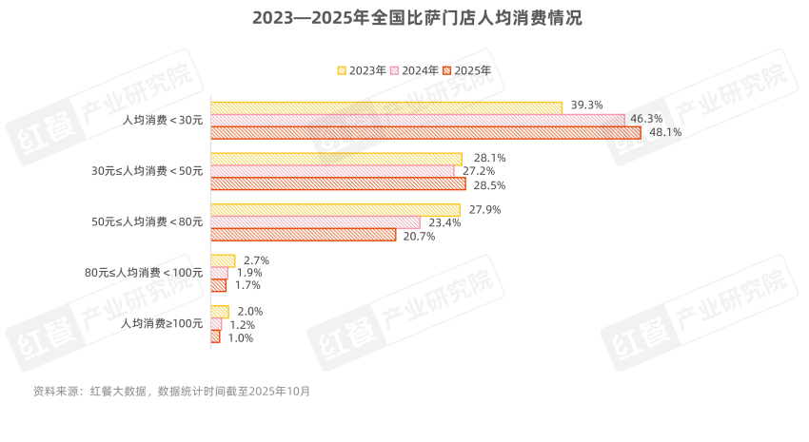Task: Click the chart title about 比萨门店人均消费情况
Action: [404, 19]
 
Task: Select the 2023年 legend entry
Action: [362, 70]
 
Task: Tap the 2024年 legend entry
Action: [414, 70]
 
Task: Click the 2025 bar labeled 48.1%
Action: [425, 133]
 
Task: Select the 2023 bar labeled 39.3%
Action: [386, 107]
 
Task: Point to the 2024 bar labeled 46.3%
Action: [418, 120]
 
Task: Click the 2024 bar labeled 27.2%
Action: [332, 171]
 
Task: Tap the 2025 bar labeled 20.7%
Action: [303, 235]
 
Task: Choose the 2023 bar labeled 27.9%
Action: [335, 209]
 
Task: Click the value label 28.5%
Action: [489, 184]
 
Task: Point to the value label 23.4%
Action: [445, 222]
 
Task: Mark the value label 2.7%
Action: [257, 259]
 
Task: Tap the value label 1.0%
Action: [241, 337]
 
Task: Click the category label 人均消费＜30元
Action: [163, 120]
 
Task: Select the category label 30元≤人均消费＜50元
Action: [147, 171]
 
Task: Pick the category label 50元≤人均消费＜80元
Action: [147, 221]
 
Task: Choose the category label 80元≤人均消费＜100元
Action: [144, 273]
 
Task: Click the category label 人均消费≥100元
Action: [162, 323]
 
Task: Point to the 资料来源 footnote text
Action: [171, 391]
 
